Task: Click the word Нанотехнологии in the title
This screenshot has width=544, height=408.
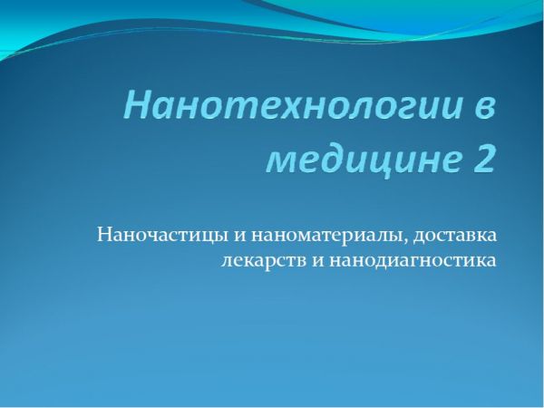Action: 294,105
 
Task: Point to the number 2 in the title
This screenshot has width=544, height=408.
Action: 482,158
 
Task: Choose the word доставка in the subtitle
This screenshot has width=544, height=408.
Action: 454,236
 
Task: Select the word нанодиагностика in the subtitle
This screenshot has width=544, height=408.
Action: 413,261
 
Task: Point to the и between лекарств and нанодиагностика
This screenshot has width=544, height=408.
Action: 317,262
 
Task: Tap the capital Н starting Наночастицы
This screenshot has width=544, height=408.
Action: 104,235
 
